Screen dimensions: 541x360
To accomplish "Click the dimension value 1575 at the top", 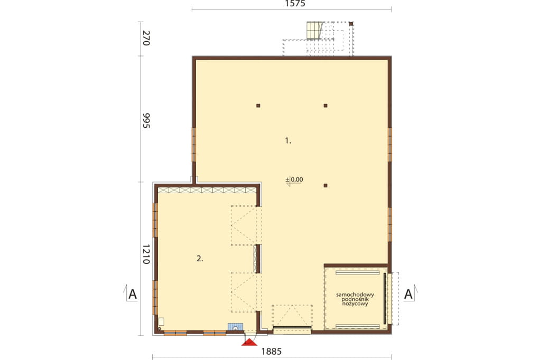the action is (295, 4).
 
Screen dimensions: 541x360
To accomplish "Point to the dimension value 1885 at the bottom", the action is (272, 352).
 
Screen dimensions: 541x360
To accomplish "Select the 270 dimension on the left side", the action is (146, 39).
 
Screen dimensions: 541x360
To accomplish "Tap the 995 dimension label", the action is (146, 120).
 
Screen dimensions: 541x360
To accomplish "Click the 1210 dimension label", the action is (146, 254).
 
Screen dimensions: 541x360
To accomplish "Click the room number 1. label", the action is (288, 141).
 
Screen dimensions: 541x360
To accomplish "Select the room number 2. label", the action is (200, 259).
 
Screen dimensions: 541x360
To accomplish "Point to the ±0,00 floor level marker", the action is (294, 179).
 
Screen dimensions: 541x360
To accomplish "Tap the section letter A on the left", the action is (133, 295).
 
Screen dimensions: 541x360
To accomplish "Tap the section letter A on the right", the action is (408, 295).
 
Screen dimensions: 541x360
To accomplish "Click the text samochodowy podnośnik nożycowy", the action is (355, 299).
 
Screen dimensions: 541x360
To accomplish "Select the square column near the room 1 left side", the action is (258, 106).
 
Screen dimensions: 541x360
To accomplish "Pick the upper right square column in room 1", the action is (325, 106).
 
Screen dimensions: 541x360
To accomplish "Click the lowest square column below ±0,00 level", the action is (325, 185).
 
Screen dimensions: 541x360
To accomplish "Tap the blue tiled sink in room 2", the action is (235, 327).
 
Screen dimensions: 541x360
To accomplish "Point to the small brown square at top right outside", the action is (351, 24).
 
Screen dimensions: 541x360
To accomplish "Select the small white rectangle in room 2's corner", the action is (161, 322).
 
